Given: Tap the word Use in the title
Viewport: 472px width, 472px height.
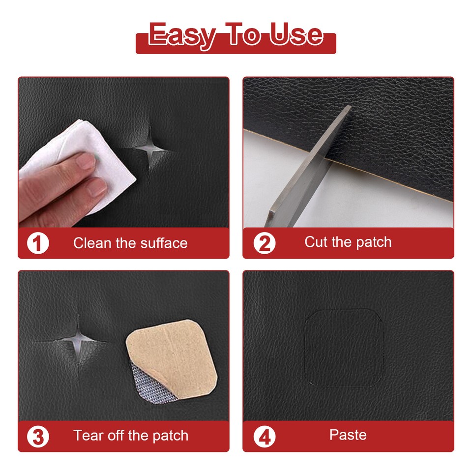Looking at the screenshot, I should [296, 35].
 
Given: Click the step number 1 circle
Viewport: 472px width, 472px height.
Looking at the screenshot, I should [38, 243].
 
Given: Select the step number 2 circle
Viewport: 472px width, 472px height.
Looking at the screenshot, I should [264, 243].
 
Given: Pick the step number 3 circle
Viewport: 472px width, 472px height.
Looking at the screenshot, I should [38, 436].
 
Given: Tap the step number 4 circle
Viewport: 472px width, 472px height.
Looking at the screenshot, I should [264, 436].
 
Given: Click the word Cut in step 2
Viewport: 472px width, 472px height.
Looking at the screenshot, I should [315, 242].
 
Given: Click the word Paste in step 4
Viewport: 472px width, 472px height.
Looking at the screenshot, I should [348, 435].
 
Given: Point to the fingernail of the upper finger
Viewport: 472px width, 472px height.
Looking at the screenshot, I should [87, 161].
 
